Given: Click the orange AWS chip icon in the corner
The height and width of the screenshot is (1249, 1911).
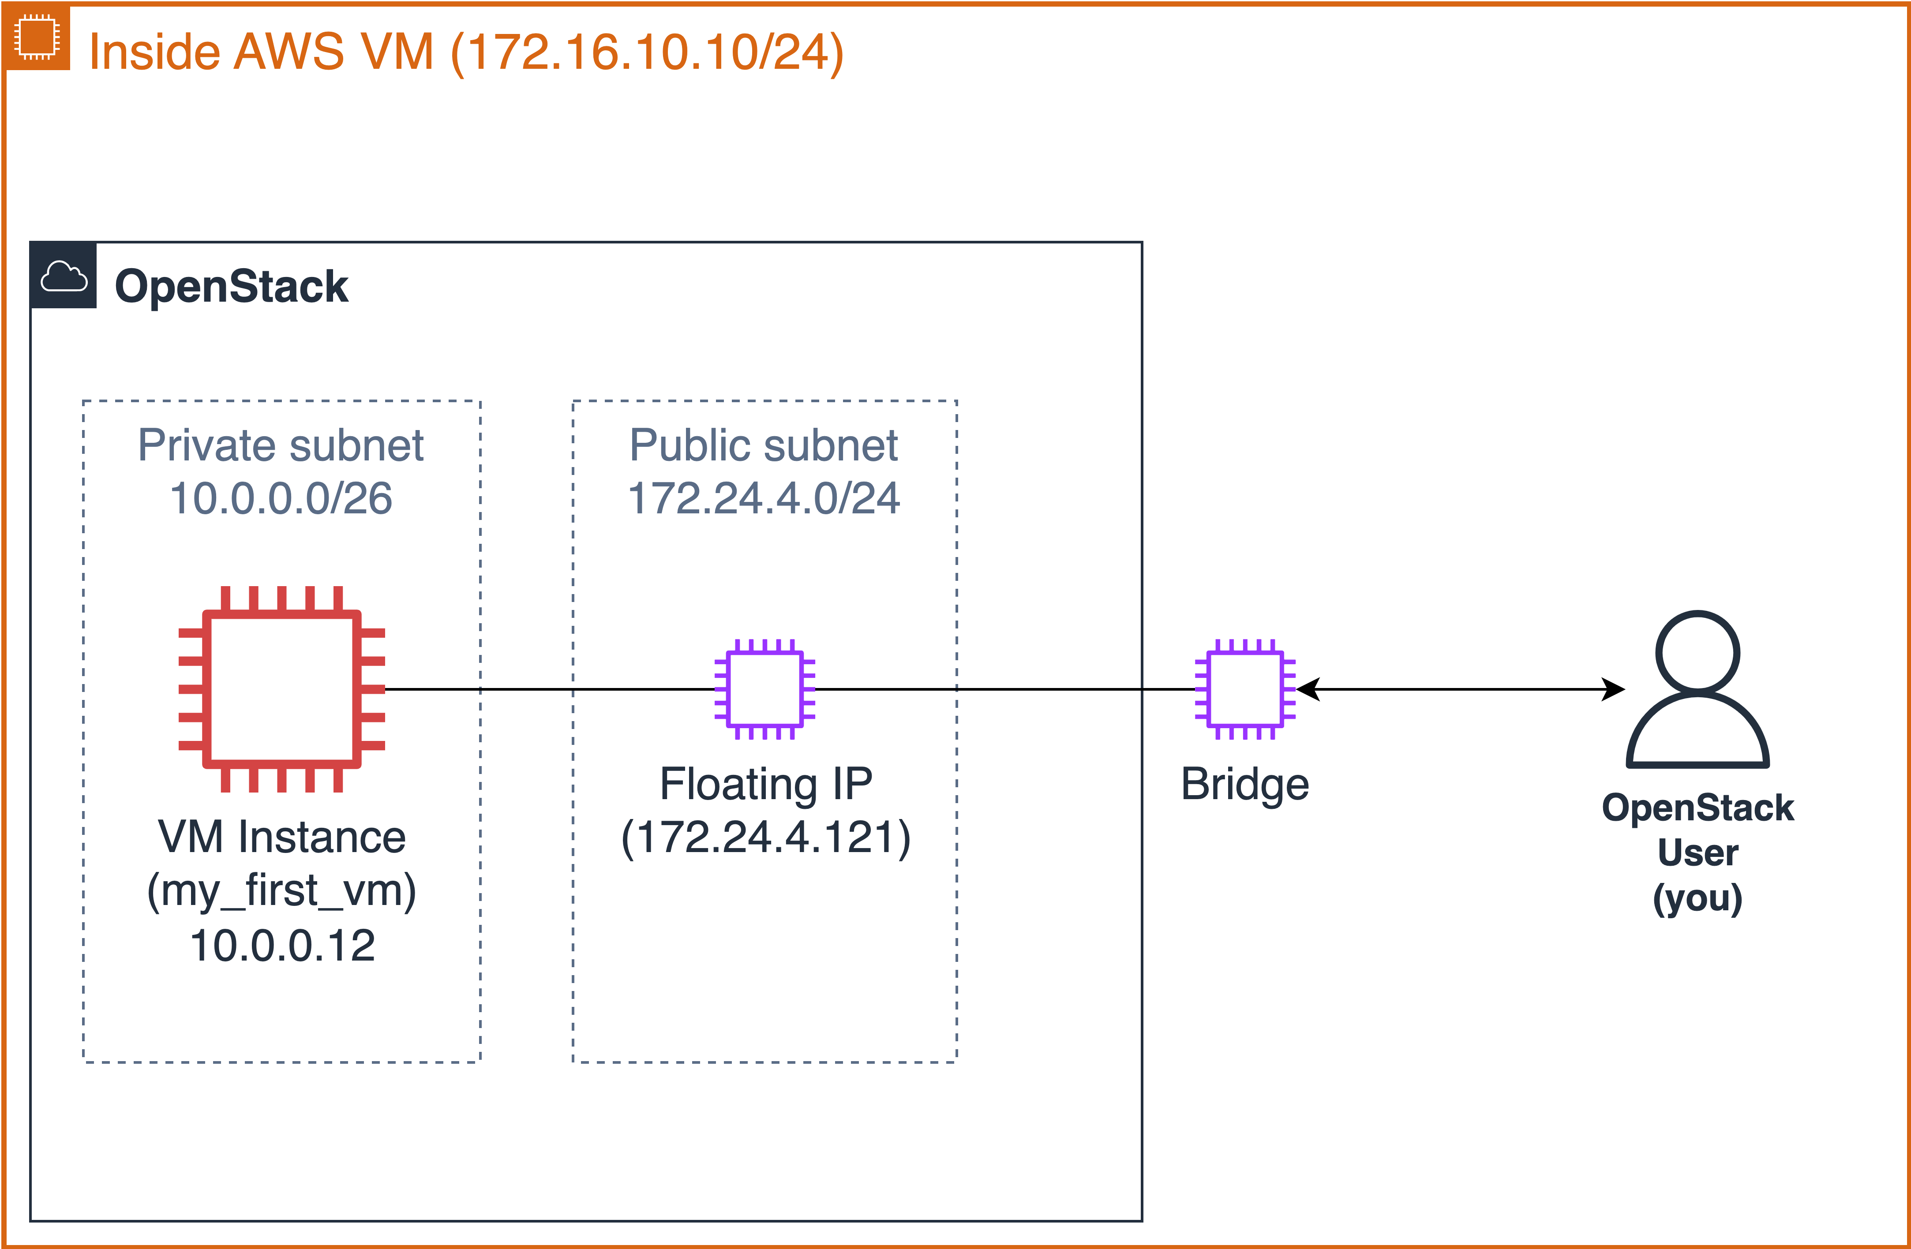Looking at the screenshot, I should pyautogui.click(x=36, y=37).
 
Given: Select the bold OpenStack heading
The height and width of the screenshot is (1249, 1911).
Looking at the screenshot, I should pyautogui.click(x=231, y=287).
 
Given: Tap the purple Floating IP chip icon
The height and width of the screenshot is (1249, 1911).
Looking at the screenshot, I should pyautogui.click(x=764, y=689).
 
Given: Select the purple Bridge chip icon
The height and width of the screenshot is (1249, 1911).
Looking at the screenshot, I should pyautogui.click(x=1244, y=689).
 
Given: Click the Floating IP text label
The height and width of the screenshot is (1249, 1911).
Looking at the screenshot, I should pyautogui.click(x=765, y=784).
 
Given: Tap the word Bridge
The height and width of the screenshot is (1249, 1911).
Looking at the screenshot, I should pyautogui.click(x=1244, y=784).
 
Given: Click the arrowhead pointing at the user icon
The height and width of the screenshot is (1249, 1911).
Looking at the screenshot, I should pyautogui.click(x=1614, y=689).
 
